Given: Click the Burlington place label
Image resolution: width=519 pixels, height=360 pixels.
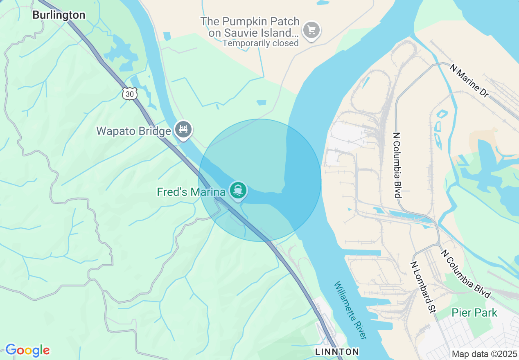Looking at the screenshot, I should tap(59, 15).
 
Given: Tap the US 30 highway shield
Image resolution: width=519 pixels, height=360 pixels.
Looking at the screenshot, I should tap(129, 94).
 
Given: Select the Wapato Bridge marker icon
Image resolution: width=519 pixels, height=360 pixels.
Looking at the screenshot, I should tap(183, 130).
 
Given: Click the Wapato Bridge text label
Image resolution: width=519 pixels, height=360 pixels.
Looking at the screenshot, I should tap(133, 131).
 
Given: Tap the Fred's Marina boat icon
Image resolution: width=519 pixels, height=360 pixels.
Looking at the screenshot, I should tap(238, 191).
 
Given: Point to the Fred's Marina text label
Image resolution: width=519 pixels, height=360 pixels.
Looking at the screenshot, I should tap(191, 192).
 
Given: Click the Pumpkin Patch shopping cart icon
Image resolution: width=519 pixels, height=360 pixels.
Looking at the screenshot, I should tap(311, 30).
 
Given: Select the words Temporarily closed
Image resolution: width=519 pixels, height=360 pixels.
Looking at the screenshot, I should tap(261, 43).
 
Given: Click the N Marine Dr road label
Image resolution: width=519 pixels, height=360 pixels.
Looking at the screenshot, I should tap(469, 81).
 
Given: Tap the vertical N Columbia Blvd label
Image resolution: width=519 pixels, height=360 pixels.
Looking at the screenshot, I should tap(396, 164).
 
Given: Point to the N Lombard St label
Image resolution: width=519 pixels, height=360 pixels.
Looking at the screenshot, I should tap(423, 288).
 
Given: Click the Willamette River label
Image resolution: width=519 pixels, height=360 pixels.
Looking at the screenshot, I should tap(350, 310).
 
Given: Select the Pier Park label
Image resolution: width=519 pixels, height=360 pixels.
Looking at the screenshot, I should tap(474, 313).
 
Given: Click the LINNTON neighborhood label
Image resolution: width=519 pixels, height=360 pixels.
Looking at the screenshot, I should tap(337, 352).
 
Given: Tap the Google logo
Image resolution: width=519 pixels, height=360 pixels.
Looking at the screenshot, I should tap(27, 350).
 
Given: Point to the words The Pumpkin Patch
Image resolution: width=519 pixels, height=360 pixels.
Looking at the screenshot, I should tap(250, 21).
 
